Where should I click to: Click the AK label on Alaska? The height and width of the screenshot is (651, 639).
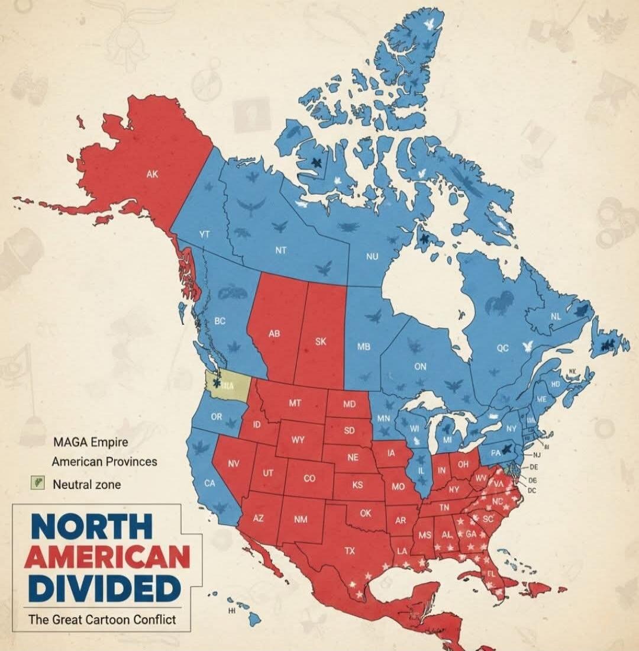click(153, 174)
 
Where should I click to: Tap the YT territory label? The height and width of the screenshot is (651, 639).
click(204, 234)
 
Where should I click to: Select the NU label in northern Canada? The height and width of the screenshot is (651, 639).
click(372, 256)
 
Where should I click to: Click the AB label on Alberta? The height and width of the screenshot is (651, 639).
click(274, 334)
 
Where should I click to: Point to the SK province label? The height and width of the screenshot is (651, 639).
click(321, 342)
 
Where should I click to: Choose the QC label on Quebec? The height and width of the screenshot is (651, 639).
click(502, 349)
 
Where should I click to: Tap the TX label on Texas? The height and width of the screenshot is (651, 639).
click(350, 550)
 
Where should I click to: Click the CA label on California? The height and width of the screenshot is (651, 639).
click(209, 483)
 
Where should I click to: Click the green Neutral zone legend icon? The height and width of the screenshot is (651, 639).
click(38, 483)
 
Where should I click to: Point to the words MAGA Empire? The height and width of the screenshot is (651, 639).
click(91, 442)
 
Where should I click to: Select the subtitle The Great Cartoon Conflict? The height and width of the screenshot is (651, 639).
click(102, 620)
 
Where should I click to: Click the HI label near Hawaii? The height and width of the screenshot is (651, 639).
click(231, 612)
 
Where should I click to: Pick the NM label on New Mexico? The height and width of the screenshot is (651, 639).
click(300, 520)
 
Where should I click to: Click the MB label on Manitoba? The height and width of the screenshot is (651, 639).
click(363, 347)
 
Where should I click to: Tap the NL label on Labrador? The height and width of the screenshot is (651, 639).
click(555, 317)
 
